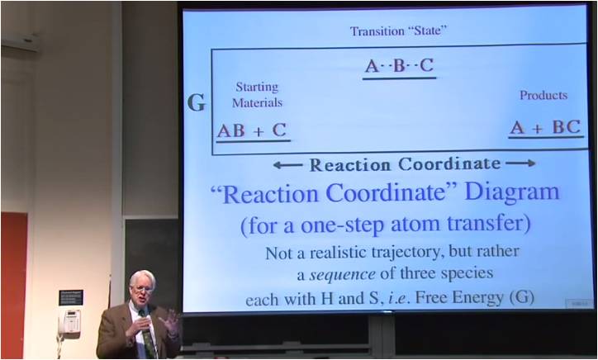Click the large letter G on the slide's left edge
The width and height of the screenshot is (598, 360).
coord(197,102)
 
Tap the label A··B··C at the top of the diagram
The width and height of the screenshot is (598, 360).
coord(400,66)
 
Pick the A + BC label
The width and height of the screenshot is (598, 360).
coord(545,127)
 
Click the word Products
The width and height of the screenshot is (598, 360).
coord(543,96)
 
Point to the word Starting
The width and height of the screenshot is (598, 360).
coord(257,87)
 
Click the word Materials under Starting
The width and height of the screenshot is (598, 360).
coord(257,103)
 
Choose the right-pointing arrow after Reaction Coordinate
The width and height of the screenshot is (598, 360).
coord(521,163)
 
